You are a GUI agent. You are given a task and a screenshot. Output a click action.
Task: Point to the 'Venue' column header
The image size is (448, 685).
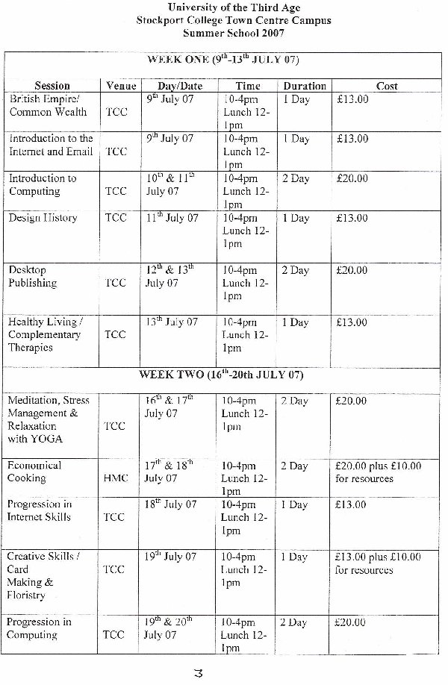pyautogui.click(x=121, y=87)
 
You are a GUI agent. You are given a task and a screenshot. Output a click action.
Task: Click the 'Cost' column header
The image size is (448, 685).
pyautogui.click(x=387, y=87)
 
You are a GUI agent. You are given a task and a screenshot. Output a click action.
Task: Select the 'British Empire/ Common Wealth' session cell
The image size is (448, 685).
pyautogui.click(x=47, y=105)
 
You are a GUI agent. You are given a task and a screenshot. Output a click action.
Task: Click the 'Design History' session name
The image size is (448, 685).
pyautogui.click(x=43, y=218)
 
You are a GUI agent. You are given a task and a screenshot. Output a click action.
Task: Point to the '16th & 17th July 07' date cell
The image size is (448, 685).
pyautogui.click(x=169, y=407)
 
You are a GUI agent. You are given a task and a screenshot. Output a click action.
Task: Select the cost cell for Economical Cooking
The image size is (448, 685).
pyautogui.click(x=378, y=472)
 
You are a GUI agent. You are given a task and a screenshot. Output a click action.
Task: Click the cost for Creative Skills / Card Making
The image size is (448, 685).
pyautogui.click(x=378, y=563)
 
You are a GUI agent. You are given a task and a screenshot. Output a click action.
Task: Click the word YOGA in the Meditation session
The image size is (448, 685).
pyautogui.click(x=47, y=439)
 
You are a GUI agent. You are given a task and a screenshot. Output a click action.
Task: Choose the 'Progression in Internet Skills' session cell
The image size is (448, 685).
pyautogui.click(x=40, y=510)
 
